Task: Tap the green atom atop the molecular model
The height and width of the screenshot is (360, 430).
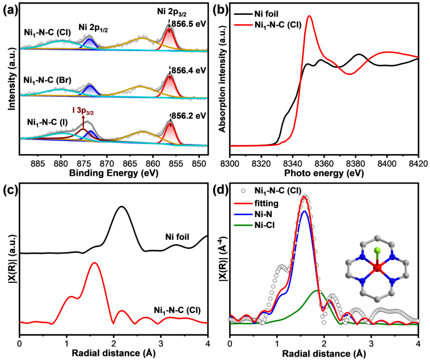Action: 377,249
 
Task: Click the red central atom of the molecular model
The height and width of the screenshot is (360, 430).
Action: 377,266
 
